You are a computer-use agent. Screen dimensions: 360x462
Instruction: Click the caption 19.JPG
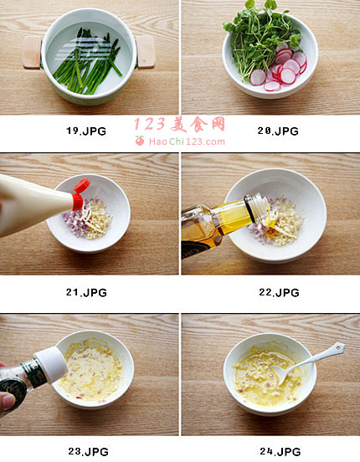(85, 131)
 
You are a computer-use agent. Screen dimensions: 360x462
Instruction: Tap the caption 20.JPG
(278, 131)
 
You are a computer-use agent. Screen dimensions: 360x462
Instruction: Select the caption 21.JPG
(86, 292)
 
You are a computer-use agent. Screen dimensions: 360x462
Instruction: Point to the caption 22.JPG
(280, 292)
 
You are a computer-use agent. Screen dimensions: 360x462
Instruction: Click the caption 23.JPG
(88, 451)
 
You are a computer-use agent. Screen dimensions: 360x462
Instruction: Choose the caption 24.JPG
(280, 451)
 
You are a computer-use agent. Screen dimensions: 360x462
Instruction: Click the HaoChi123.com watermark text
(187, 141)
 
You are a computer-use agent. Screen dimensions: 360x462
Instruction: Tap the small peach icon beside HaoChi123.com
(140, 141)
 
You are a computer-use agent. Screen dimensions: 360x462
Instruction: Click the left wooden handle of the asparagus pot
(32, 53)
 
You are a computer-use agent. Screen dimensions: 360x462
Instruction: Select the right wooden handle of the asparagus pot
(146, 52)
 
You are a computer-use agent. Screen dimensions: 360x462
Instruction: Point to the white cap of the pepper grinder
(51, 365)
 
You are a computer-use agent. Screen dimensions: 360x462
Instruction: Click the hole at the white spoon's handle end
(339, 348)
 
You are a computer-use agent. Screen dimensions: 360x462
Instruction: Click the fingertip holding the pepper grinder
(7, 403)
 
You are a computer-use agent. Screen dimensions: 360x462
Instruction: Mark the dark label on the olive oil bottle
(193, 248)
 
